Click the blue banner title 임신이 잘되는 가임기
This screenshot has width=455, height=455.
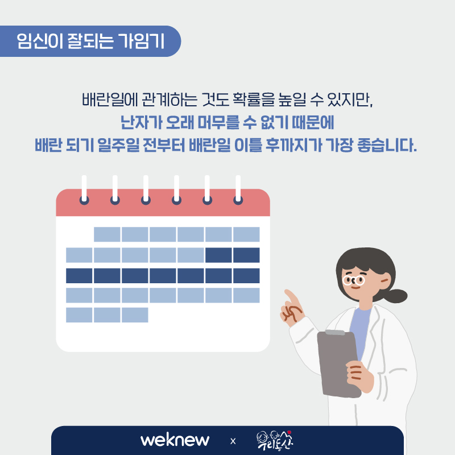tap(90, 41)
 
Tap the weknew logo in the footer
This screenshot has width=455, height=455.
tap(175, 440)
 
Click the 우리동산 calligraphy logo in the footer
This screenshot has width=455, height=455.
tap(275, 440)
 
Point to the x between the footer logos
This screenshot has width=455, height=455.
tap(233, 441)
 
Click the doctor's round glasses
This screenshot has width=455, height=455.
tap(353, 280)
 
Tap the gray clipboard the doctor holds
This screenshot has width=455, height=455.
tap(338, 364)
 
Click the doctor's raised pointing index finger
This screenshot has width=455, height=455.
tap(292, 296)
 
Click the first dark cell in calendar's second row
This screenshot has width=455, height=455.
tap(218, 255)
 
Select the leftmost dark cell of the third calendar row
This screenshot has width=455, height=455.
tap(79, 276)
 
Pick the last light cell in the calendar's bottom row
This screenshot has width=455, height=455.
tap(135, 315)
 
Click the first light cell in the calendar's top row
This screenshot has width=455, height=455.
tap(107, 234)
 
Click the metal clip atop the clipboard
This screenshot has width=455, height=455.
tap(335, 332)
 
